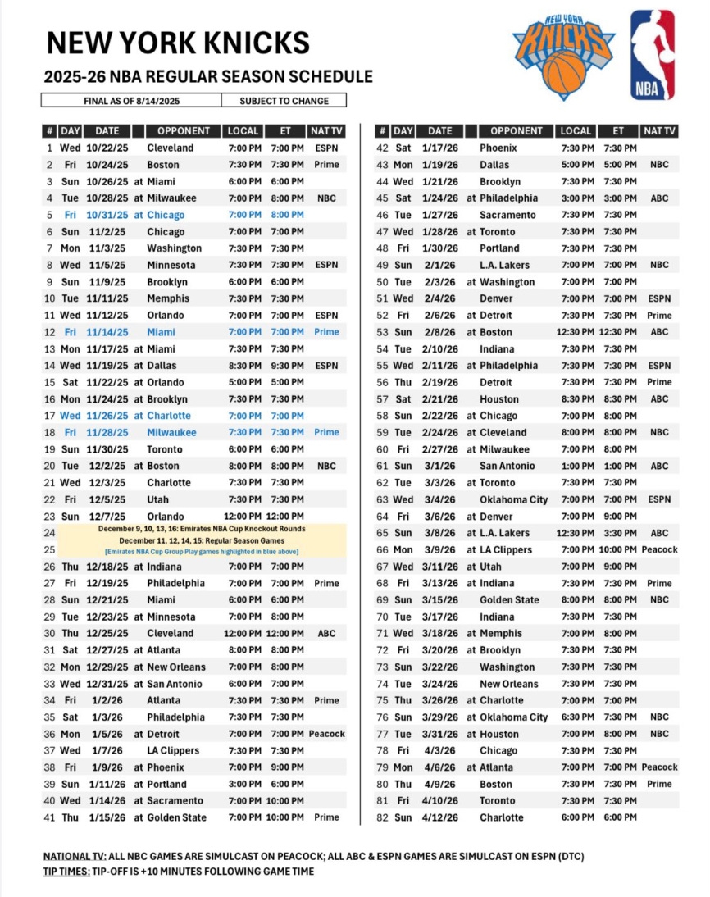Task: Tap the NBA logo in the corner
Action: [x=653, y=55]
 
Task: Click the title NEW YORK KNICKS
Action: [x=178, y=43]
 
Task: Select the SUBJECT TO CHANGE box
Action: [x=284, y=101]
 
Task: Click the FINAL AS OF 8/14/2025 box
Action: [x=131, y=101]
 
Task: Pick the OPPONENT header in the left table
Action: [x=184, y=131]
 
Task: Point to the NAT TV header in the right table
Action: [x=659, y=131]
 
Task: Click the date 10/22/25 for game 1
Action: [x=107, y=148]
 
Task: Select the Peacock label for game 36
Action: [x=326, y=734]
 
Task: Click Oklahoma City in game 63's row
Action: [x=514, y=499]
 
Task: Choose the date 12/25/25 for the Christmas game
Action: [x=107, y=634]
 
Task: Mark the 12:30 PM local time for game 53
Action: [x=576, y=332]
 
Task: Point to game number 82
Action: [x=382, y=817]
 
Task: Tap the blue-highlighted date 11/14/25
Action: [x=107, y=332]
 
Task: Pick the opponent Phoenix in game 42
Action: [x=498, y=148]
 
